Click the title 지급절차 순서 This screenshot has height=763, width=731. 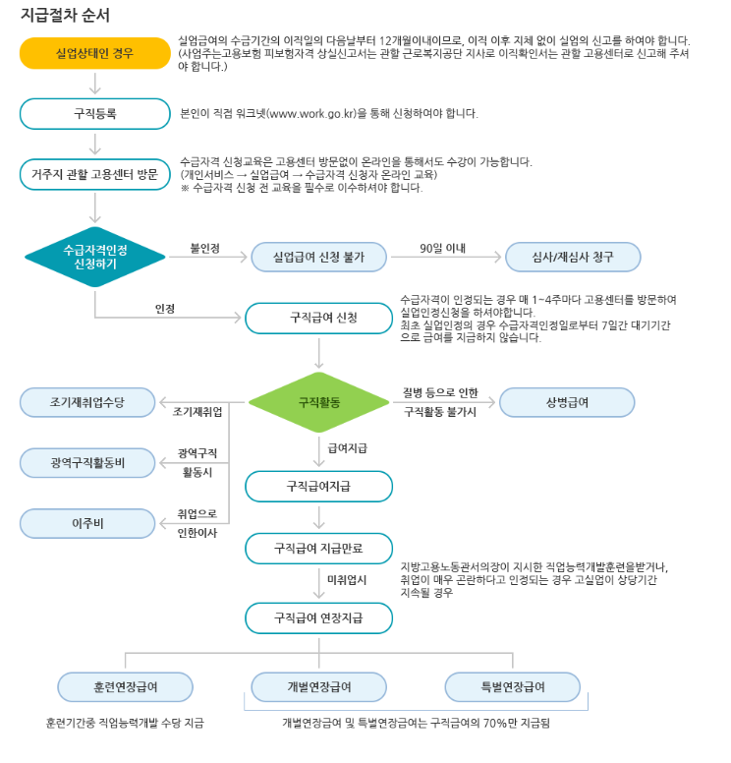tap(65, 17)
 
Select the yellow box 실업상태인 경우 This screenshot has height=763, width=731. tap(94, 53)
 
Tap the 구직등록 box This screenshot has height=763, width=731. tap(94, 113)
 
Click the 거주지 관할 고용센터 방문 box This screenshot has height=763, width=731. tap(94, 174)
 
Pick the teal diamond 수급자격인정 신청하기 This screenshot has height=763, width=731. tap(94, 258)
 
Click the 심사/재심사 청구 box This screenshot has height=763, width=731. tap(573, 258)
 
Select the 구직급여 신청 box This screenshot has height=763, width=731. tap(318, 318)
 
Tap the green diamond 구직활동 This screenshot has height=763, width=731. tap(318, 402)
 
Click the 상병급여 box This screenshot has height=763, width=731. tap(567, 402)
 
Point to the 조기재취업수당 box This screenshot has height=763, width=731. tap(87, 402)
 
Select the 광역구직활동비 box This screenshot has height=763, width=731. tap(87, 462)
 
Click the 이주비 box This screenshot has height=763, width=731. tap(87, 523)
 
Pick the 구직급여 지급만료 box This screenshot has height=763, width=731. tap(318, 547)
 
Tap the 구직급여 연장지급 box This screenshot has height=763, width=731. tap(318, 617)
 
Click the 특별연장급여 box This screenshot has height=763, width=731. tap(512, 686)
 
